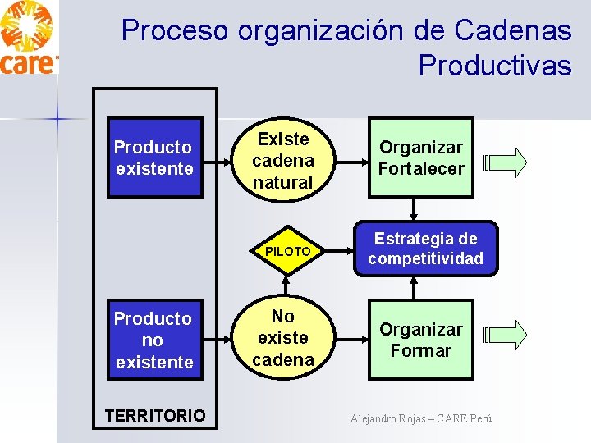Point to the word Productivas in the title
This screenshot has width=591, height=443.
tap(494, 65)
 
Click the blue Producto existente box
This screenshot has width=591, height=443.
tap(153, 158)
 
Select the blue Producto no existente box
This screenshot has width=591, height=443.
tap(153, 340)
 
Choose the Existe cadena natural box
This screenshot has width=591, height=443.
tap(282, 161)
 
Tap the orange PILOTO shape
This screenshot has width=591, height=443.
tap(287, 251)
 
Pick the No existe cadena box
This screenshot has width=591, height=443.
tap(282, 337)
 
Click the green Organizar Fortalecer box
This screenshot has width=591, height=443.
tap(421, 158)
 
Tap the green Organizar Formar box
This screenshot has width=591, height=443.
tap(421, 340)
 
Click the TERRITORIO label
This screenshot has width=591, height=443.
tap(155, 415)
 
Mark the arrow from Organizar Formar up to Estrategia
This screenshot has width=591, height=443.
tap(413, 288)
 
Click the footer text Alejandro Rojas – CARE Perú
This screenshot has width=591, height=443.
tap(421, 418)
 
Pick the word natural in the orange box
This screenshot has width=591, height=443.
tap(282, 182)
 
